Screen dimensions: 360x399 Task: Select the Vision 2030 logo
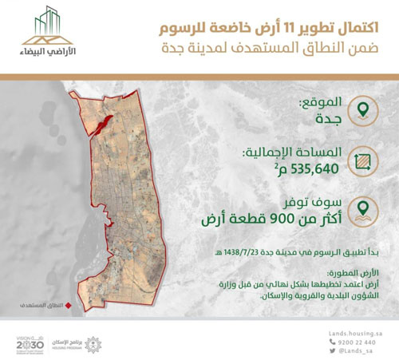tap(30, 341)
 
